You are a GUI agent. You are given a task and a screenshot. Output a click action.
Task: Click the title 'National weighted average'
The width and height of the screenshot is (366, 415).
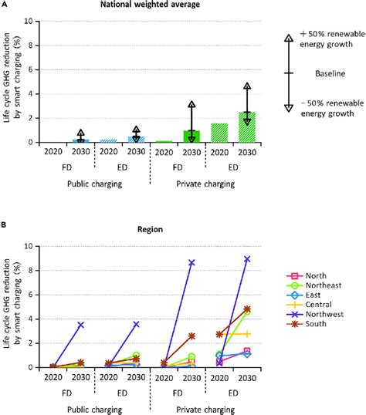pos(146,5)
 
